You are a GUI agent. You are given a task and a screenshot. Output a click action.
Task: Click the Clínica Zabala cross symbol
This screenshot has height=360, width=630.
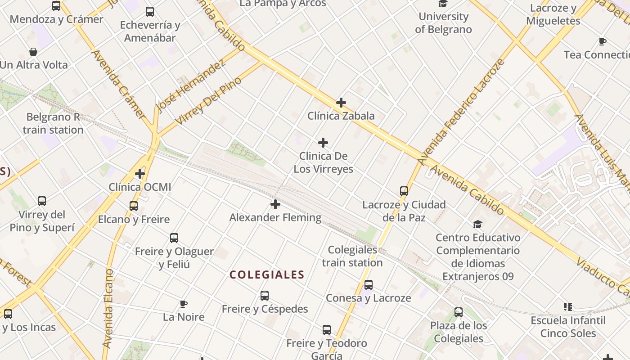coord(341,103)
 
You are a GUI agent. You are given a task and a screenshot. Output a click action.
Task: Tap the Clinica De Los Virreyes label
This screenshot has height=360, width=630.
coord(323,163)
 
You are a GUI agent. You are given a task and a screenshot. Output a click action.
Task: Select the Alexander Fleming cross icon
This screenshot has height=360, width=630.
coord(275,205)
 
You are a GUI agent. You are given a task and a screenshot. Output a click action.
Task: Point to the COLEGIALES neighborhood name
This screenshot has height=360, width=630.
coord(267,274)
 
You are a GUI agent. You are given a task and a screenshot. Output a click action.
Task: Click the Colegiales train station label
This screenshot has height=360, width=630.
coord(352,256)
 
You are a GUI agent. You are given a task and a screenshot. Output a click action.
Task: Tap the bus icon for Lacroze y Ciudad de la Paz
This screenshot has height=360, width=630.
coord(404,191)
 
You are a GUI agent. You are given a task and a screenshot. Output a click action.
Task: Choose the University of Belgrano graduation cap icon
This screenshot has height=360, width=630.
coord(443,4)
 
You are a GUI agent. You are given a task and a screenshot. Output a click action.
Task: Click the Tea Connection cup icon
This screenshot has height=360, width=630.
coord(602,42)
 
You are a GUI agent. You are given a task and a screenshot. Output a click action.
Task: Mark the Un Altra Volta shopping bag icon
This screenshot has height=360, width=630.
coord(33,52)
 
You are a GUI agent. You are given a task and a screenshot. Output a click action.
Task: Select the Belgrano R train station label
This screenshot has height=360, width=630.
coord(53,123)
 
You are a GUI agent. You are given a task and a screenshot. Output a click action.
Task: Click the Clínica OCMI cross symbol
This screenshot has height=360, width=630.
coord(140,173)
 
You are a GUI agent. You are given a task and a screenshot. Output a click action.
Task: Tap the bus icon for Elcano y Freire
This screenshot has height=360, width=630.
coord(134,206)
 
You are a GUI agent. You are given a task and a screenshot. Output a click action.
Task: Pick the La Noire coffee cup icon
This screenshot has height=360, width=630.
coord(183,304)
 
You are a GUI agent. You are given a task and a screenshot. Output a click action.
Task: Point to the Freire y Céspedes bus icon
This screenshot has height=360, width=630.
coord(265,296)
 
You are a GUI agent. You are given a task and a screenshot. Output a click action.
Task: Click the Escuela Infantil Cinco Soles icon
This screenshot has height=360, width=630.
coord(568,307)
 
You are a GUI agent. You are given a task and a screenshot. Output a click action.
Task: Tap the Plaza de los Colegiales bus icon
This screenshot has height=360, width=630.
coord(459,312)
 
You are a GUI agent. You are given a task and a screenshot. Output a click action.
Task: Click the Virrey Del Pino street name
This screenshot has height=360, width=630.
coord(208,101)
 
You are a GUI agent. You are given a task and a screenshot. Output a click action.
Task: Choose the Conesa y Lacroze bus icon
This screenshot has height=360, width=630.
coord(369,285)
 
